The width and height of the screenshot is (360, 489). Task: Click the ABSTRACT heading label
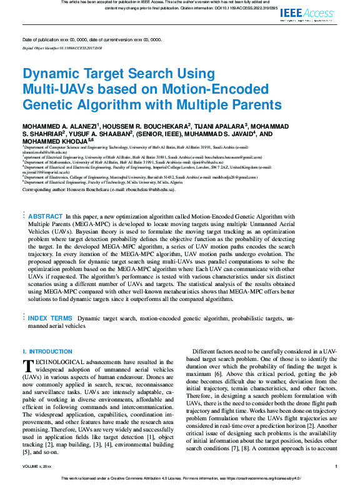click(x=46, y=215)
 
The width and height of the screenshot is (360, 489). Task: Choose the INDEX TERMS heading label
click(x=51, y=319)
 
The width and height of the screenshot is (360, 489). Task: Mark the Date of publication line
click(x=91, y=39)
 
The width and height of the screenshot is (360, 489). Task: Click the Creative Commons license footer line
click(x=180, y=478)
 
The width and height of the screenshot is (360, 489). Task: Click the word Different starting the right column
click(x=207, y=353)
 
